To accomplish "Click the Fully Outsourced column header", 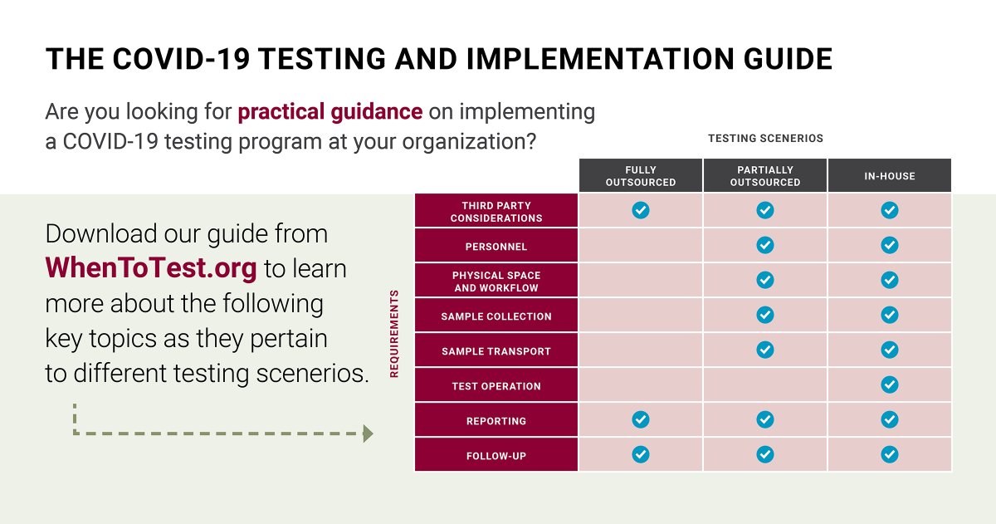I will pos(640,176).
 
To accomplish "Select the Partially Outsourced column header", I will pos(764,176).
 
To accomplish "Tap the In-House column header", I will pos(889,176).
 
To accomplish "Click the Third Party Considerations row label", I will pos(496,212).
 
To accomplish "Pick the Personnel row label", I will pos(496,247).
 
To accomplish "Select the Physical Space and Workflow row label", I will pos(496,282).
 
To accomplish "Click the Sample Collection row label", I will pos(496,316).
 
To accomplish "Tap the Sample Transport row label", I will pos(496,351).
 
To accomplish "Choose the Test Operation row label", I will pos(496,386).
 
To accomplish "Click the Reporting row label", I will pos(496,421).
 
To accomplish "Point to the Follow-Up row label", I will pos(496,456).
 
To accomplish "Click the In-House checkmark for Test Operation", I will pos(889,385).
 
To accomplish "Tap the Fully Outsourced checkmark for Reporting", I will pos(640,420).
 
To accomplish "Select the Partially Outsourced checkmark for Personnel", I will pos(764,246).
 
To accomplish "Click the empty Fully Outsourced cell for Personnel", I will pos(640,246).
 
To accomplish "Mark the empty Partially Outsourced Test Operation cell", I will pos(764,385).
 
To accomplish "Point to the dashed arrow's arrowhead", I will pos(368,433).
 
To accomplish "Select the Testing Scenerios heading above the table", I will pos(765,139).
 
